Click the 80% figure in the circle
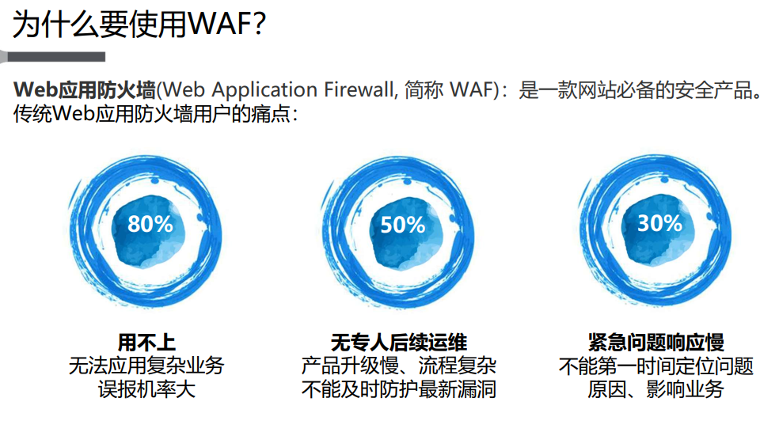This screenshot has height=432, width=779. pyautogui.click(x=150, y=224)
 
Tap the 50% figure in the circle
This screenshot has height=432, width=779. pyautogui.click(x=403, y=225)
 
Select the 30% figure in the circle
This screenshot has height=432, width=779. pyautogui.click(x=659, y=224)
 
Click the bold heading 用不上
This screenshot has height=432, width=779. pyautogui.click(x=146, y=343)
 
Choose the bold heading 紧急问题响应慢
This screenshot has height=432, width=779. pyautogui.click(x=656, y=343)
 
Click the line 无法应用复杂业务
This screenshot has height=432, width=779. pyautogui.click(x=146, y=366)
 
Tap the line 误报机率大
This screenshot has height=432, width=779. pyautogui.click(x=146, y=389)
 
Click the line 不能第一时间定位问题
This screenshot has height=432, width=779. pyautogui.click(x=656, y=366)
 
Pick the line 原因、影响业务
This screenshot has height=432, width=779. pyautogui.click(x=656, y=389)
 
